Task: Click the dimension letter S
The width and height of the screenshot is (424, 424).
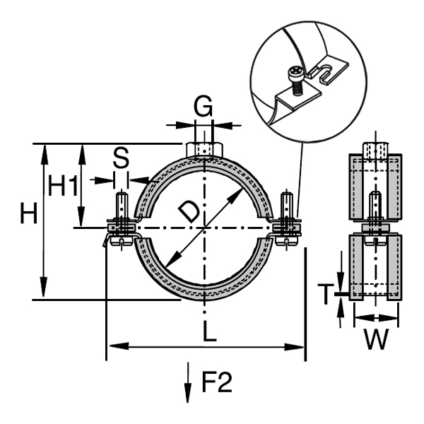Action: click(x=121, y=159)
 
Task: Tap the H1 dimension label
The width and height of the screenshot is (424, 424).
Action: click(x=64, y=185)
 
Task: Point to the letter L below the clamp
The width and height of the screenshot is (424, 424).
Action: click(x=210, y=331)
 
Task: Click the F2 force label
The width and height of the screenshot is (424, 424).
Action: click(x=217, y=382)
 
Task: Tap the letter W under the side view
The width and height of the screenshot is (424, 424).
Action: click(x=376, y=340)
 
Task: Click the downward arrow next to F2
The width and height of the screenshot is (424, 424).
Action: click(x=188, y=382)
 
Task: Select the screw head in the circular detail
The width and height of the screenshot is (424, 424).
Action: click(x=295, y=72)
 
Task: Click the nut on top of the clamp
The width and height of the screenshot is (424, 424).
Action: click(x=205, y=150)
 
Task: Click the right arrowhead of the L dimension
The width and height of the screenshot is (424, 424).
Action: click(x=294, y=347)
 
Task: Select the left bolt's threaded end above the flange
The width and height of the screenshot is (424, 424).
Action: click(x=122, y=205)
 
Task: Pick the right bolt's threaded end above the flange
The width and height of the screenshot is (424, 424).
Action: click(x=286, y=204)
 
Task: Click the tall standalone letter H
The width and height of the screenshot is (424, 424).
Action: click(x=29, y=213)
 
